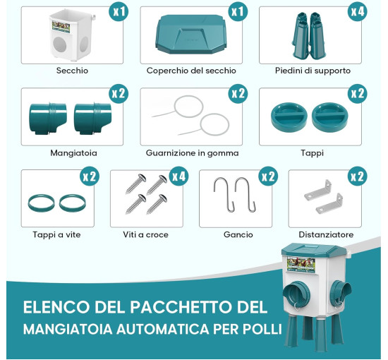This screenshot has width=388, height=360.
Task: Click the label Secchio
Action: pyautogui.click(x=72, y=71)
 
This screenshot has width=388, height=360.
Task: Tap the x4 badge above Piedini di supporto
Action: pyautogui.click(x=358, y=11)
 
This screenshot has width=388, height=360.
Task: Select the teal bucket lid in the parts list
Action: pyautogui.click(x=191, y=34)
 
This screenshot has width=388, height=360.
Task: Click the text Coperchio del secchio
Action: pyautogui.click(x=191, y=71)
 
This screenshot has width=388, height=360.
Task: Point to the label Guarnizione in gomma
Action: pyautogui.click(x=193, y=153)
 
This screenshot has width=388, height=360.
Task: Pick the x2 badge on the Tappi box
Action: pyautogui.click(x=358, y=94)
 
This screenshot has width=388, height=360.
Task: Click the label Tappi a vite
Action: pyautogui.click(x=56, y=235)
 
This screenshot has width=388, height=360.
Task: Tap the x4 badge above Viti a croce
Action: pyautogui.click(x=179, y=176)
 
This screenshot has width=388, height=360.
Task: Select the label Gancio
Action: pyautogui.click(x=238, y=235)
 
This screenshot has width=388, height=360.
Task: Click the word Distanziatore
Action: pyautogui.click(x=326, y=235)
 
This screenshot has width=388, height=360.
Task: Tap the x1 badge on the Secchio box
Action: pyautogui.click(x=119, y=11)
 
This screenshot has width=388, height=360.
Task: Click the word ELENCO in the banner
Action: pyautogui.click(x=56, y=307)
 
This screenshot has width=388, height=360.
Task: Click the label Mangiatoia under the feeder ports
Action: pyautogui.click(x=73, y=153)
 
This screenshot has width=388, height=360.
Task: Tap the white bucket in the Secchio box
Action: pyautogui.click(x=72, y=35)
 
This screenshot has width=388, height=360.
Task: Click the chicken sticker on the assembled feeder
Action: pyautogui.click(x=301, y=265)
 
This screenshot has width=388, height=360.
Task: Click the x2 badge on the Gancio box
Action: pyautogui.click(x=268, y=176)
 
